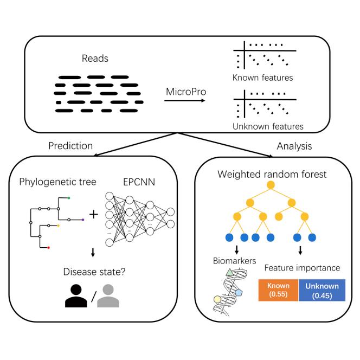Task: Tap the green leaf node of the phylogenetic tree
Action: tap(69, 198)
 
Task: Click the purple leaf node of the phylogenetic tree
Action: tap(82, 220)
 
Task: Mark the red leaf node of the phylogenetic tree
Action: tap(49, 247)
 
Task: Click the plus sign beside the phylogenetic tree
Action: tap(94, 214)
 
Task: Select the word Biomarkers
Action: tap(234, 261)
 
